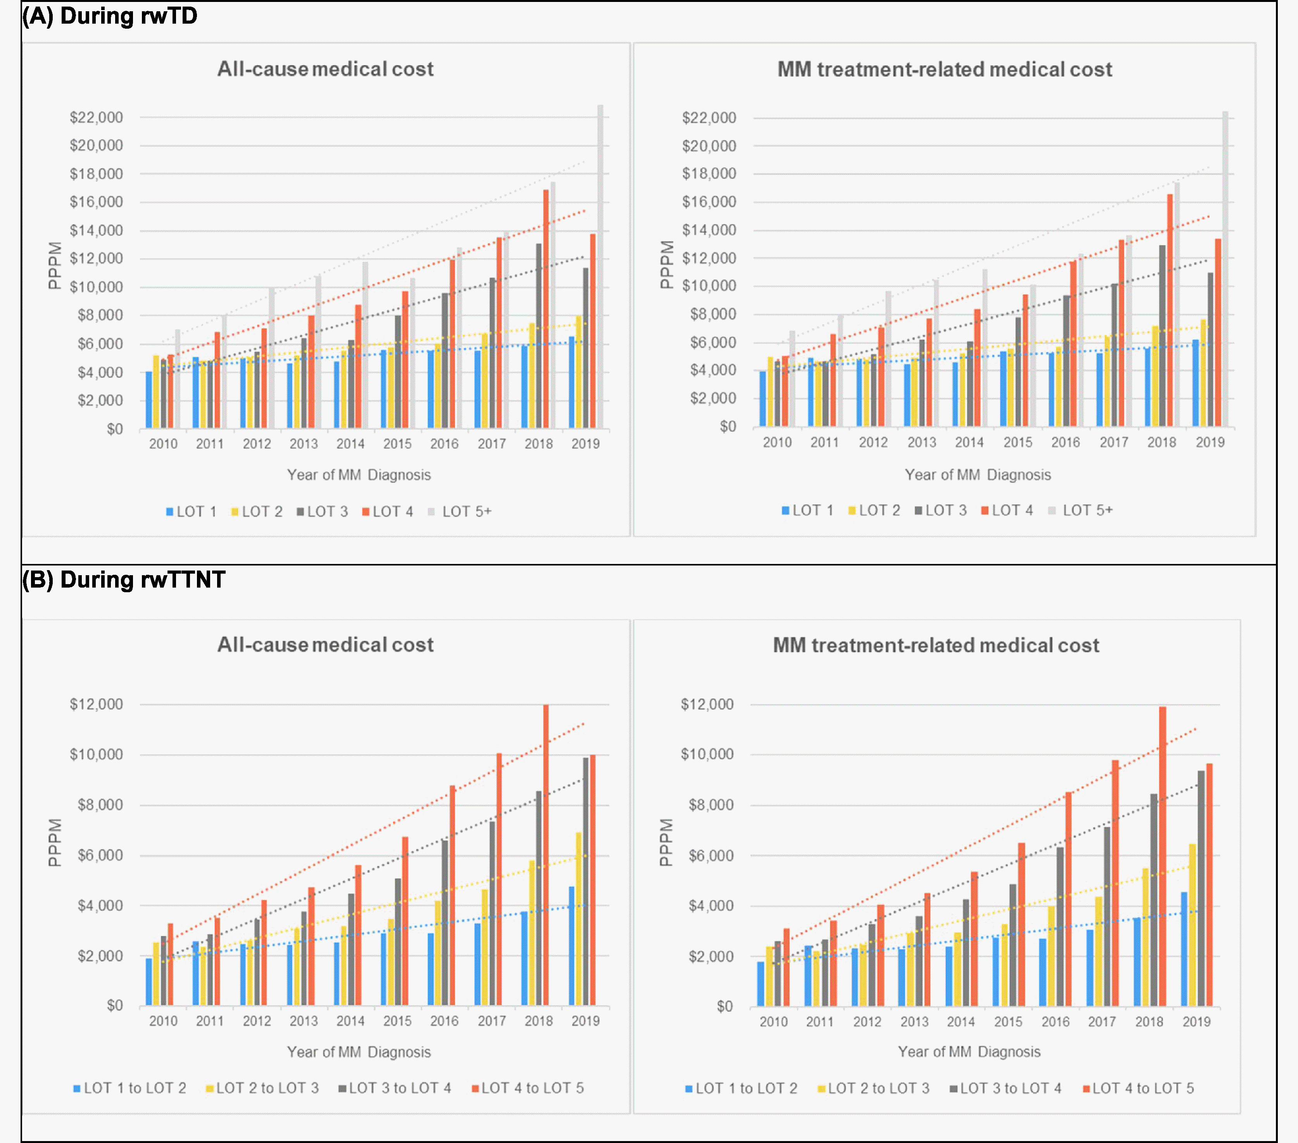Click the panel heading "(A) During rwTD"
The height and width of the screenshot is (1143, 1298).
tap(109, 16)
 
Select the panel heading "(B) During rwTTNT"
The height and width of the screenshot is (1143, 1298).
tap(123, 580)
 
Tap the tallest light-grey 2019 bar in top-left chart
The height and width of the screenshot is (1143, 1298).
tap(600, 267)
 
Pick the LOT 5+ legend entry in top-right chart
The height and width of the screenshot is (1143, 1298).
tap(1081, 510)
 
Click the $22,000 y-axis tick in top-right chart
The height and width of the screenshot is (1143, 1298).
tap(709, 117)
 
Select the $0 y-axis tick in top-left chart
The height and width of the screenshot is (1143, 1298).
tap(115, 429)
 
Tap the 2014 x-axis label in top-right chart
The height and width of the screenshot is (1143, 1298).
tap(969, 443)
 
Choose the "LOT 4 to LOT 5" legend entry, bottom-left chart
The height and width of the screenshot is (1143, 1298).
tap(528, 1088)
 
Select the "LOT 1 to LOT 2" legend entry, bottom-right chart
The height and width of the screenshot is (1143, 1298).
tap(741, 1088)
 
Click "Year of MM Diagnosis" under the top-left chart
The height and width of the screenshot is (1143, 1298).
tap(359, 475)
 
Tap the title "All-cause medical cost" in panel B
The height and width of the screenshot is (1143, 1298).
tap(325, 645)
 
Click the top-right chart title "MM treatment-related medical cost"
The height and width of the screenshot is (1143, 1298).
tap(944, 69)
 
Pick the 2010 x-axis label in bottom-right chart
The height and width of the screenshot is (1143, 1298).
tap(773, 1022)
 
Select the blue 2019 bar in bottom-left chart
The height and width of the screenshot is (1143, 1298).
tap(571, 946)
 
